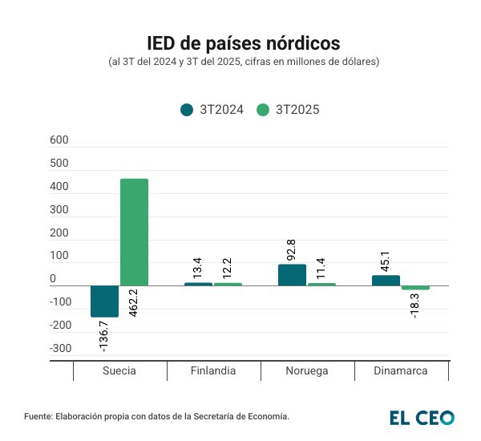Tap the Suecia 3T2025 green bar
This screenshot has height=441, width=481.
(134, 232)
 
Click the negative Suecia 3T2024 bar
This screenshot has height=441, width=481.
(104, 301)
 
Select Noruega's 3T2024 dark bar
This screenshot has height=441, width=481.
(292, 275)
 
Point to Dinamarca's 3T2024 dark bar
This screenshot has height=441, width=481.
(386, 281)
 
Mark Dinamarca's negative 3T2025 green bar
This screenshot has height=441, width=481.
(415, 288)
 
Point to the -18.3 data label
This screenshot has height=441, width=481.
(415, 306)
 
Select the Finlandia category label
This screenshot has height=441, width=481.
(213, 371)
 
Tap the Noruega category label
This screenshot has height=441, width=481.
(307, 371)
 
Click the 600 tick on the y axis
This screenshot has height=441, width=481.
(59, 140)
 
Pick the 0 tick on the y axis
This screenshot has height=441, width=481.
(53, 279)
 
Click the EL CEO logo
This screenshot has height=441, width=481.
(422, 417)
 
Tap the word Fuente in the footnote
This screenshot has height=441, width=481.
(38, 417)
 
